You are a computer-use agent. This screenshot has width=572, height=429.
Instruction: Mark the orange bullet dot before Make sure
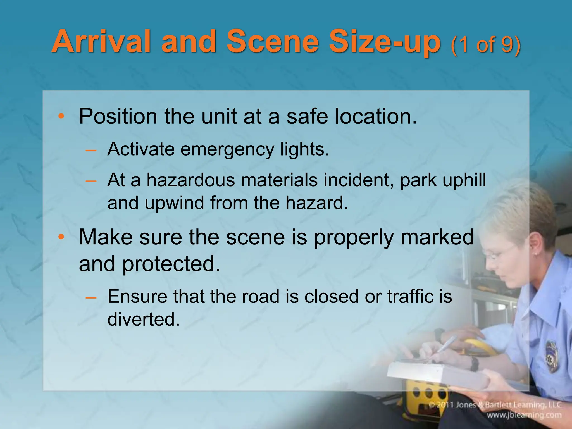(x=61, y=237)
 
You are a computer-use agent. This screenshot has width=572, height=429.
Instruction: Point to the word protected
(x=171, y=264)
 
